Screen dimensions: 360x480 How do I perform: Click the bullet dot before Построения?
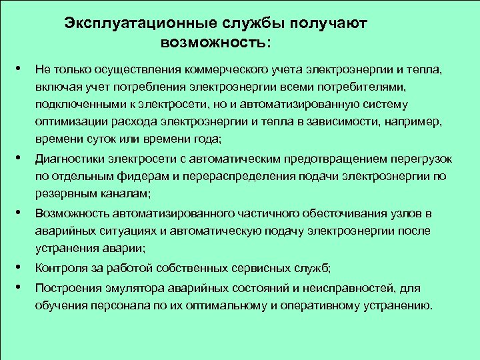(23, 287)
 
